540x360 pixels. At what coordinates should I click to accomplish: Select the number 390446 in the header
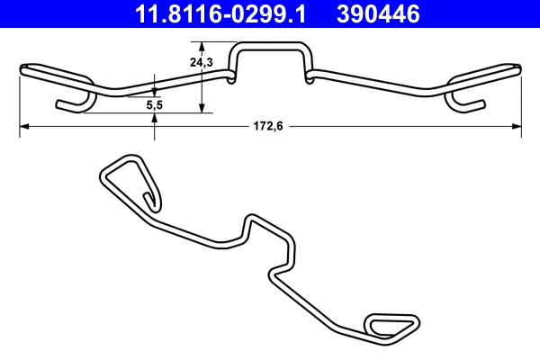click(x=379, y=13)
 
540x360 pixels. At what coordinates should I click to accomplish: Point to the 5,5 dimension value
click(x=155, y=105)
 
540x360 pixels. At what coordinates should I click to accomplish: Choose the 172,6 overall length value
click(x=267, y=127)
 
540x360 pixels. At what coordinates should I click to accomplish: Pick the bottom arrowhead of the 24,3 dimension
click(x=202, y=109)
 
